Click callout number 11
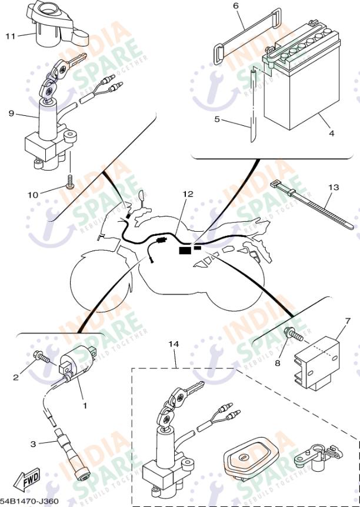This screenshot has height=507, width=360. pos(10,36)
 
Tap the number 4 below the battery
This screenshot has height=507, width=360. pos(332,134)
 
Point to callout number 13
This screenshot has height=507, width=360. pos(333,188)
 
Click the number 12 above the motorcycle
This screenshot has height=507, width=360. pos(188,194)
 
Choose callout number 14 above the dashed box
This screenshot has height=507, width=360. pos(172,343)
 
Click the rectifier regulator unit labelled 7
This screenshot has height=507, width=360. pos(318,359)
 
